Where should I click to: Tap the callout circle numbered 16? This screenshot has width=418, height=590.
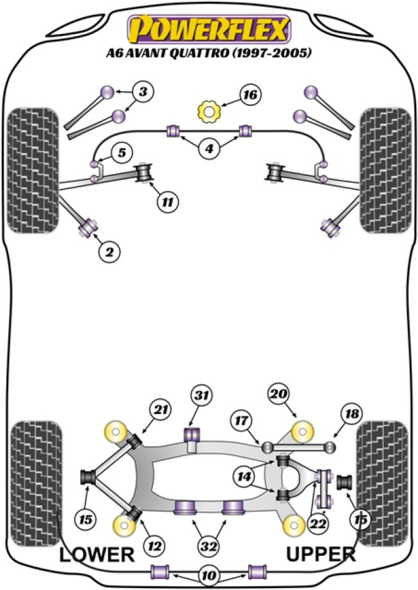(250, 96)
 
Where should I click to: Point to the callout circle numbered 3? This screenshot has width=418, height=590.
(143, 92)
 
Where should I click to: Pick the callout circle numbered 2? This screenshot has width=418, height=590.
(109, 253)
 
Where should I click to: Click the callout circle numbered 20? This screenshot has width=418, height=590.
(280, 394)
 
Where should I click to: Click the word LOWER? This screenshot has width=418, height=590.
(97, 554)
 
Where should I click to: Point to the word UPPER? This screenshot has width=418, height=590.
(321, 554)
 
